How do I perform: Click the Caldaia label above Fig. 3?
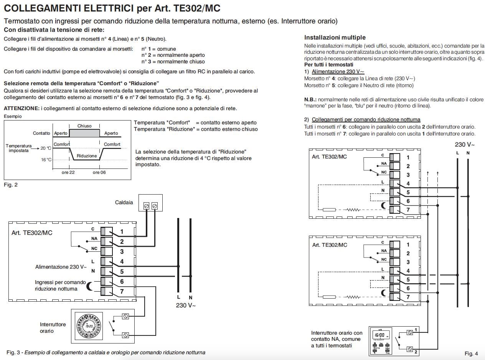tap(124, 202)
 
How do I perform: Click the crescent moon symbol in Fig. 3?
tap(90, 286)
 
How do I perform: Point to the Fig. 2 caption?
tap(11, 185)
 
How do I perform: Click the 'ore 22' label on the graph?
tap(68, 173)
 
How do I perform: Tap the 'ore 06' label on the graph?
tap(99, 173)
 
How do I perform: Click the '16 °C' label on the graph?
tap(46, 159)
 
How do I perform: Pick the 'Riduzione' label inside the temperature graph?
tap(87, 156)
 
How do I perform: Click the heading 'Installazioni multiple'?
tap(335, 38)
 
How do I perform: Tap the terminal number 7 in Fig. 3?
tap(122, 291)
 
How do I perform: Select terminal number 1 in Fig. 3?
tap(122, 231)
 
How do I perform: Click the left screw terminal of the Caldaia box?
tap(146, 206)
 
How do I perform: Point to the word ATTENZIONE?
tap(21, 109)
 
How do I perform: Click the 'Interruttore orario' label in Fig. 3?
tap(53, 327)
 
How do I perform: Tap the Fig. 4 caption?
tap(471, 353)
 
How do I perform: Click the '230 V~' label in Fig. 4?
tap(465, 145)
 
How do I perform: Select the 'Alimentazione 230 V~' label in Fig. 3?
tap(61, 267)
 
